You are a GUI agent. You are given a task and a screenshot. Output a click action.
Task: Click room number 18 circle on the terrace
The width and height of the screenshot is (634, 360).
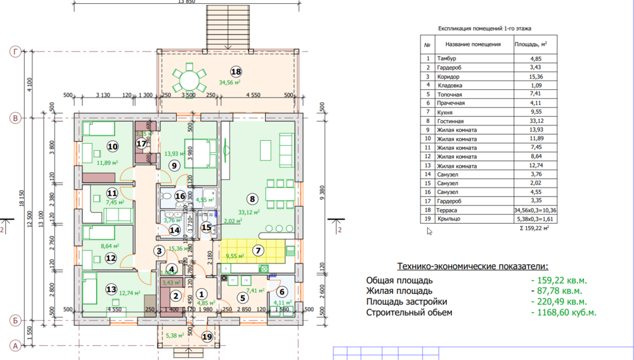(x=236, y=72)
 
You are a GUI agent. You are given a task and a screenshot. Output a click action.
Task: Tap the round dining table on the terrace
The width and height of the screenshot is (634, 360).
(x=188, y=79)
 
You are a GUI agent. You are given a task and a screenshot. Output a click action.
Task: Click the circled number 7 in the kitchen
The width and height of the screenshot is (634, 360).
(x=258, y=250)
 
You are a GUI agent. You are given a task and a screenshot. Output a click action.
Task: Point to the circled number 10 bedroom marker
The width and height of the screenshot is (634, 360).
(x=112, y=146)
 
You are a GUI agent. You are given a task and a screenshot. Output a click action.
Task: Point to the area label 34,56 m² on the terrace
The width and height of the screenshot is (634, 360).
(x=230, y=82)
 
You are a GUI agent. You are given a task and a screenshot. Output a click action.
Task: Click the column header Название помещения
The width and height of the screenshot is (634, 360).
(x=473, y=44)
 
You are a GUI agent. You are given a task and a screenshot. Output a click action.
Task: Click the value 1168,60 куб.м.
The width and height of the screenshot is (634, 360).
(x=564, y=312)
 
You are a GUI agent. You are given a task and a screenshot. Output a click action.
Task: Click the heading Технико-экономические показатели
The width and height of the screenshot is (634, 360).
(x=472, y=267)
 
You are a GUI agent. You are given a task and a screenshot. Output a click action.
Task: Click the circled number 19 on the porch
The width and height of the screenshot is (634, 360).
(x=207, y=337)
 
